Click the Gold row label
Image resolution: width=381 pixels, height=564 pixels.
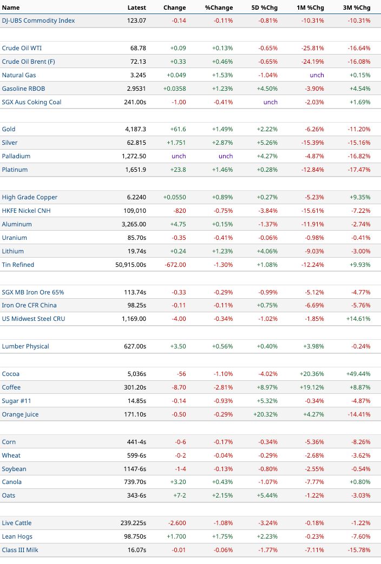coord(9,129)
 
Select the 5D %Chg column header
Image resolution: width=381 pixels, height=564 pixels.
coord(264,8)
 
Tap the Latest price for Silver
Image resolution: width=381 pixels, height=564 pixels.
coord(136,143)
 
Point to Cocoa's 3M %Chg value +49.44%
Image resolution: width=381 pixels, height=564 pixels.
coord(358,374)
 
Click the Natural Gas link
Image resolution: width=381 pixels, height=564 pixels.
coord(19,75)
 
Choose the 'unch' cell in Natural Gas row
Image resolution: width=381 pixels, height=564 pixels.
coord(317,75)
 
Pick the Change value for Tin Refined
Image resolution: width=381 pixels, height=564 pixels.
coord(175,265)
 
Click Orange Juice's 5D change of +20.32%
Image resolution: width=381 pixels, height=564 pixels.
coord(265,414)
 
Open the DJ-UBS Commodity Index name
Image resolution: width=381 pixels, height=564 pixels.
coord(38,21)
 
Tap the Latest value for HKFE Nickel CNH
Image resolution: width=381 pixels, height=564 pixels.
coord(135,211)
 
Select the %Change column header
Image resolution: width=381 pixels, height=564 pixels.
coord(219,8)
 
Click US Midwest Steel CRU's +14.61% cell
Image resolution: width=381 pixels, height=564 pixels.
coord(358,319)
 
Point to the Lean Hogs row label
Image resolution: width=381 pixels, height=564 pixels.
coord(17,536)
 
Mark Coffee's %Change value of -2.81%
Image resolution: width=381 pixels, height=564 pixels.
coord(223,387)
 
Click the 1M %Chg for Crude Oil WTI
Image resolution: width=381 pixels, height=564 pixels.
coord(312,48)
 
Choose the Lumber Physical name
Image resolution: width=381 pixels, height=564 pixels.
coord(25,346)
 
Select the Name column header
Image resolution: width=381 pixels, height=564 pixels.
coord(11,8)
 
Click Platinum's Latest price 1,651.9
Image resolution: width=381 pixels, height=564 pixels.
coord(135,170)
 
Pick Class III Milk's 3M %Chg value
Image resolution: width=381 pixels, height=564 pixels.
coord(359,550)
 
